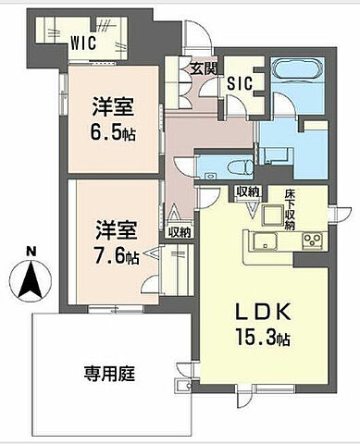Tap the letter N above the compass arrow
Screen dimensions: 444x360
click(31, 251)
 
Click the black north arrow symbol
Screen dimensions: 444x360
click(31, 280)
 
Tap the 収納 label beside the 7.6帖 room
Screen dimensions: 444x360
click(180, 232)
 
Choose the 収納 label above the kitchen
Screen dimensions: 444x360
click(246, 191)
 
